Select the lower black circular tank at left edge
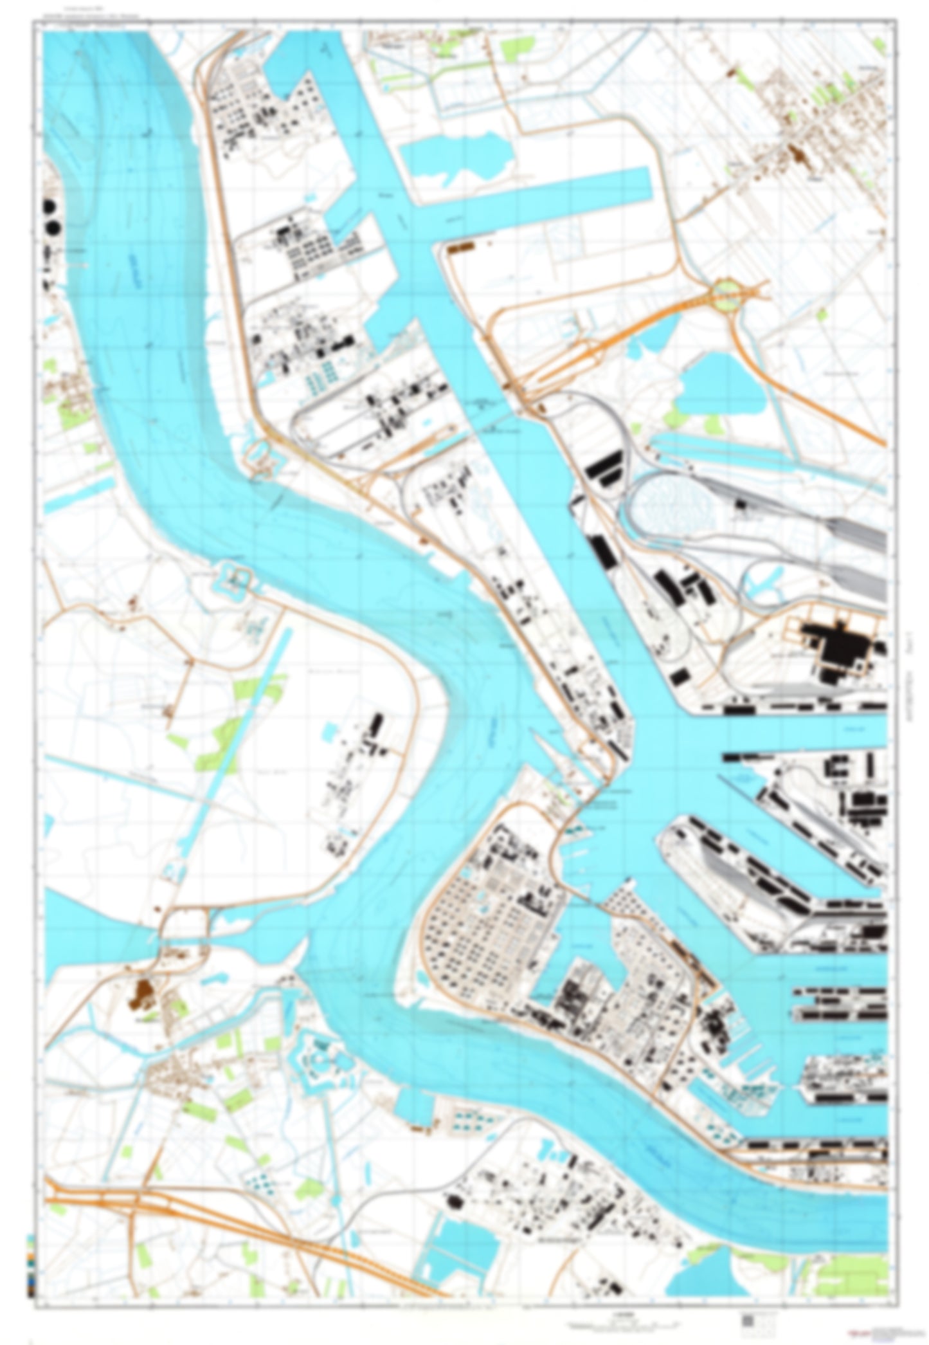click(52, 228)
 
